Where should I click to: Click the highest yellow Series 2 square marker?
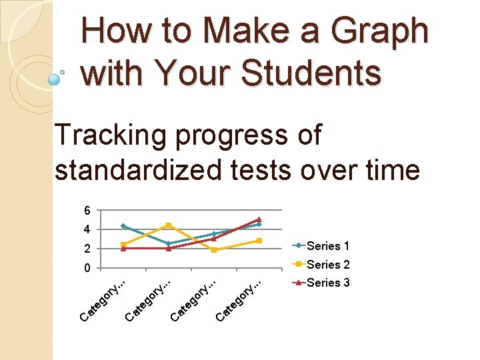coord(169,225)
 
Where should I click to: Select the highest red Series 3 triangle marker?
coord(259,219)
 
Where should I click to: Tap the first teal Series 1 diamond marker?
coord(123,227)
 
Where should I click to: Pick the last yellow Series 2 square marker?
coord(259,241)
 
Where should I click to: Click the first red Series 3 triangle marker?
coord(123,248)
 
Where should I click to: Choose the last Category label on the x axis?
coord(238,300)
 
